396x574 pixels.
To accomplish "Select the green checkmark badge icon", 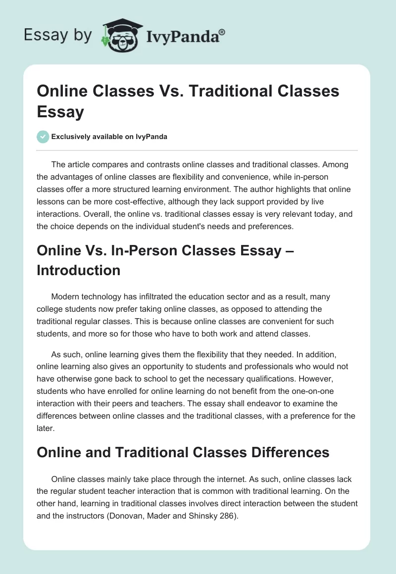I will coord(43,137).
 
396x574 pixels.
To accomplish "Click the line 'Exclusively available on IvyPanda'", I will coord(109,137).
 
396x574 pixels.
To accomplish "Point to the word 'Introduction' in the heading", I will coord(79,270).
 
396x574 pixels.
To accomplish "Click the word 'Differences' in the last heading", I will coord(281,452).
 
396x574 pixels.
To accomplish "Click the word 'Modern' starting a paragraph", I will coord(65,297).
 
